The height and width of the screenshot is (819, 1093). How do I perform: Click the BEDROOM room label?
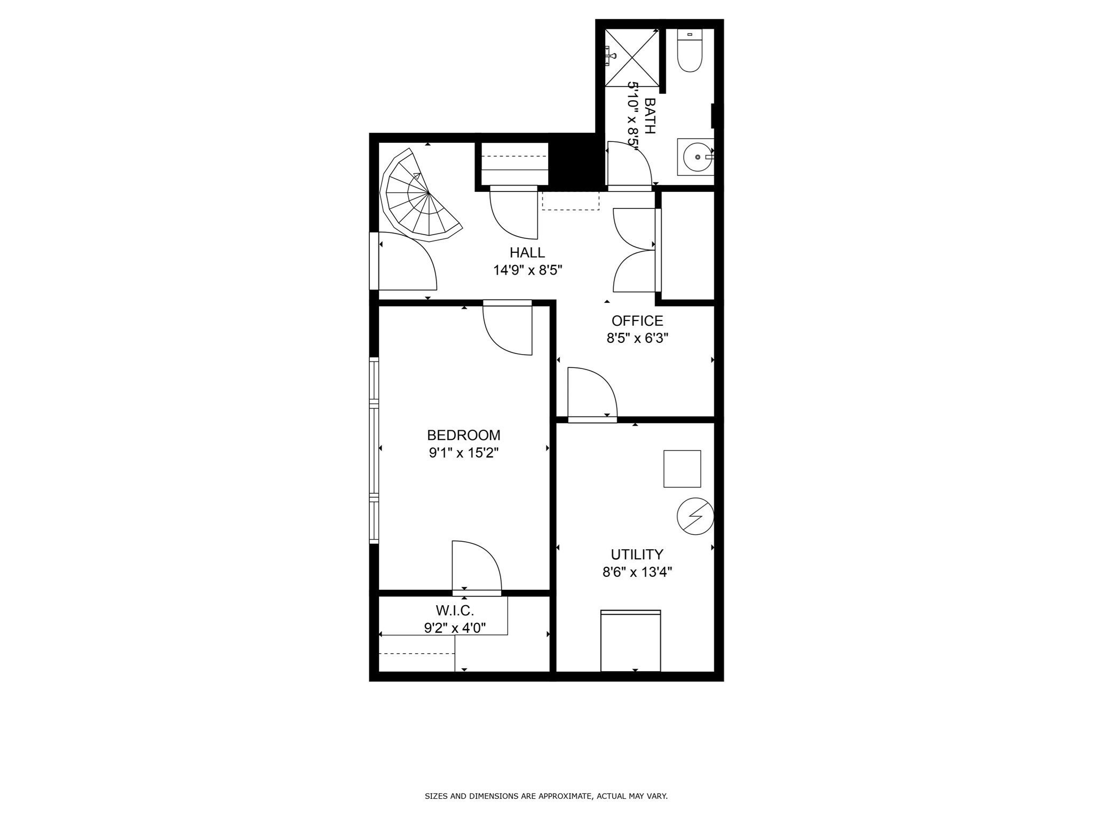click(463, 435)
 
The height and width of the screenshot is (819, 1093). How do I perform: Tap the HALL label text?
click(527, 252)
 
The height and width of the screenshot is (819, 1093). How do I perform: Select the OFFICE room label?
click(637, 321)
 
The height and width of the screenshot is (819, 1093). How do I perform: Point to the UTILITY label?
click(637, 555)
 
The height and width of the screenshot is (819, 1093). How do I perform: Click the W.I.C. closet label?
click(455, 610)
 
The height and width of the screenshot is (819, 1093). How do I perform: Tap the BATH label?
click(650, 115)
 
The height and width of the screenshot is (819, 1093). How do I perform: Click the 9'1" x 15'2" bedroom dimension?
click(463, 453)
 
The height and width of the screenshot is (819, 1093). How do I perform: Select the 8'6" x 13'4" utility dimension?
click(637, 573)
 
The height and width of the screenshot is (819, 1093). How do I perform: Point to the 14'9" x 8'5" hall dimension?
click(527, 270)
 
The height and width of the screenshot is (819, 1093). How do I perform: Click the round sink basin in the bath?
click(698, 157)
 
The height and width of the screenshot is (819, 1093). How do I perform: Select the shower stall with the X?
click(632, 58)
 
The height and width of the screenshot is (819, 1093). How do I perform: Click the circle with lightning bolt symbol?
click(695, 516)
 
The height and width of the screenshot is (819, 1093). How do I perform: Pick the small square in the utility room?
click(682, 469)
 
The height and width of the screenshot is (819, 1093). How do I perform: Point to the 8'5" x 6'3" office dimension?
click(637, 339)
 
